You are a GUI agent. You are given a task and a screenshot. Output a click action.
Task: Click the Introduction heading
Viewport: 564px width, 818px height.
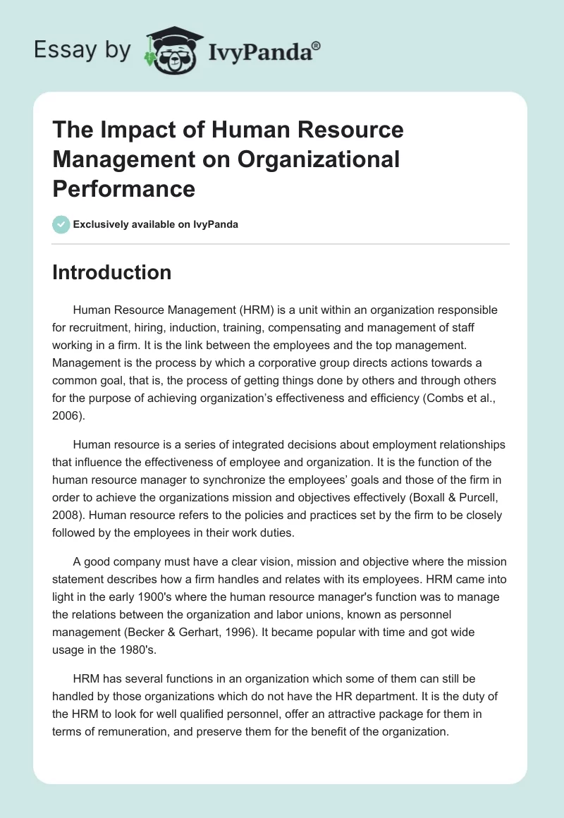pyautogui.click(x=111, y=272)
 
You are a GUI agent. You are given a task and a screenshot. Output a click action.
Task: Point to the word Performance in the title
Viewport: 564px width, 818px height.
pyautogui.click(x=123, y=188)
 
